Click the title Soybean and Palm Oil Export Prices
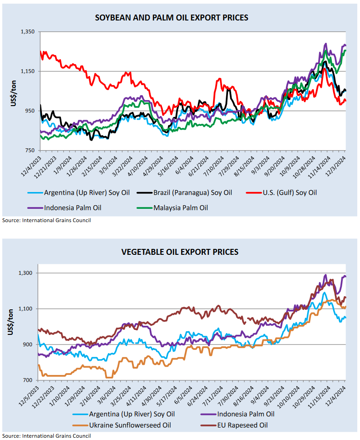172,18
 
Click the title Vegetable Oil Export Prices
180,252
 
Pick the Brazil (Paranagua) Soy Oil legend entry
191,192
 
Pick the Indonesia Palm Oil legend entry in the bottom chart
245,414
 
